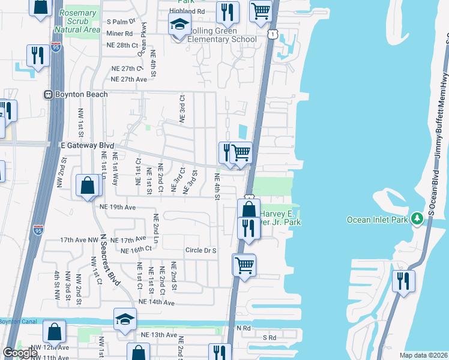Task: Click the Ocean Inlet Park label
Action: coord(378,220)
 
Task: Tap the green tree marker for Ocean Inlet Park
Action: coord(416,219)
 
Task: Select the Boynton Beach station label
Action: coord(80,94)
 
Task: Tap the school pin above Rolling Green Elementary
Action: coord(178,25)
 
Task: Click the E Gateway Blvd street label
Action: coord(86,145)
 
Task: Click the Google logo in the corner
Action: coord(20,353)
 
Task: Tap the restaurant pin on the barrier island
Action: coord(403,281)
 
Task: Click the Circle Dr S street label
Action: coord(200,250)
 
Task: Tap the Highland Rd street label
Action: coord(187,11)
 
